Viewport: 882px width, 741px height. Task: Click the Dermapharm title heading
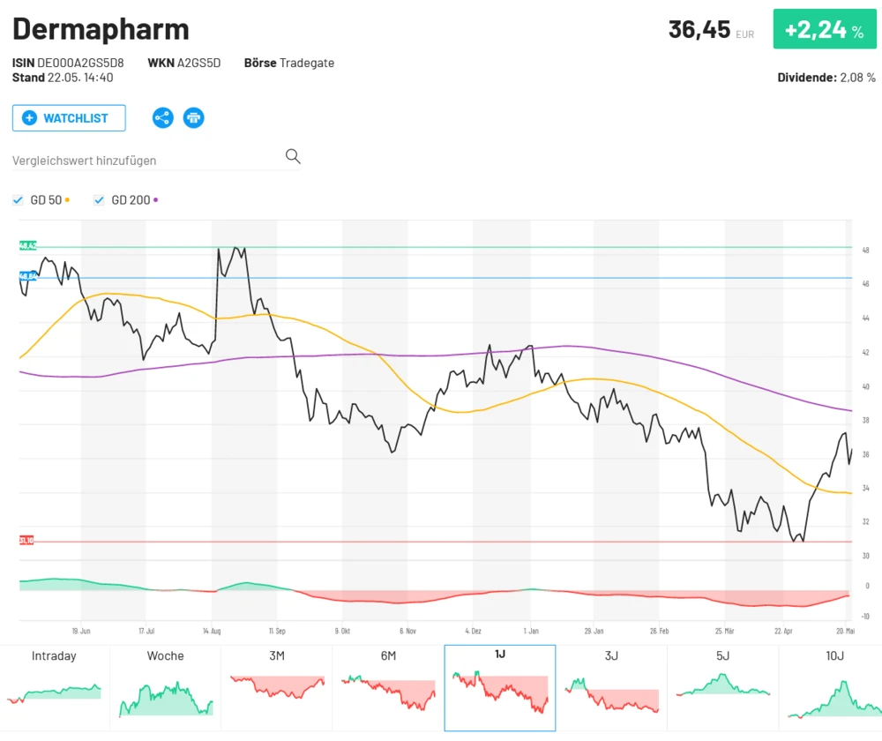point(101,29)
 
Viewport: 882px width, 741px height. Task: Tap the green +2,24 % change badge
point(824,30)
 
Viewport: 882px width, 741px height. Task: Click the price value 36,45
point(699,30)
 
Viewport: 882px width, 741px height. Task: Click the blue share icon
point(163,117)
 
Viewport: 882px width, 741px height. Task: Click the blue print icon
point(193,117)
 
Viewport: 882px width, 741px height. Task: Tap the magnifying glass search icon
point(293,157)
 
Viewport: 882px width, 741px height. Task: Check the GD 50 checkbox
point(18,200)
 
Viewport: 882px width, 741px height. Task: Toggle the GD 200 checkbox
point(99,200)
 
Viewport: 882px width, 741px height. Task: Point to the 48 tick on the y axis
point(864,251)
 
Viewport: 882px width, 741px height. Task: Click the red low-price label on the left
point(26,540)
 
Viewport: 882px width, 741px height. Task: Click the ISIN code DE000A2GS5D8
point(80,64)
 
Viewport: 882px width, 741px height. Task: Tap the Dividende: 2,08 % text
point(826,78)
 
